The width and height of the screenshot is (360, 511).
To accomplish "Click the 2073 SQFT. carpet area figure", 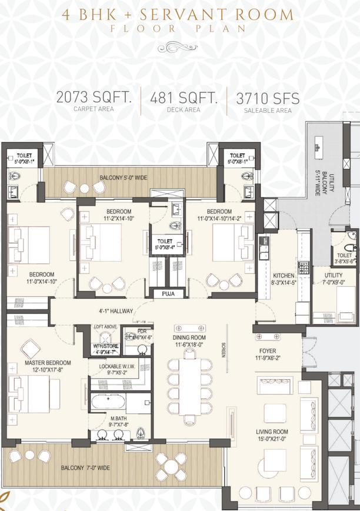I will coord(94,97).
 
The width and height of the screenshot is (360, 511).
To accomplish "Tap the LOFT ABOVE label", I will coord(107,326).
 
